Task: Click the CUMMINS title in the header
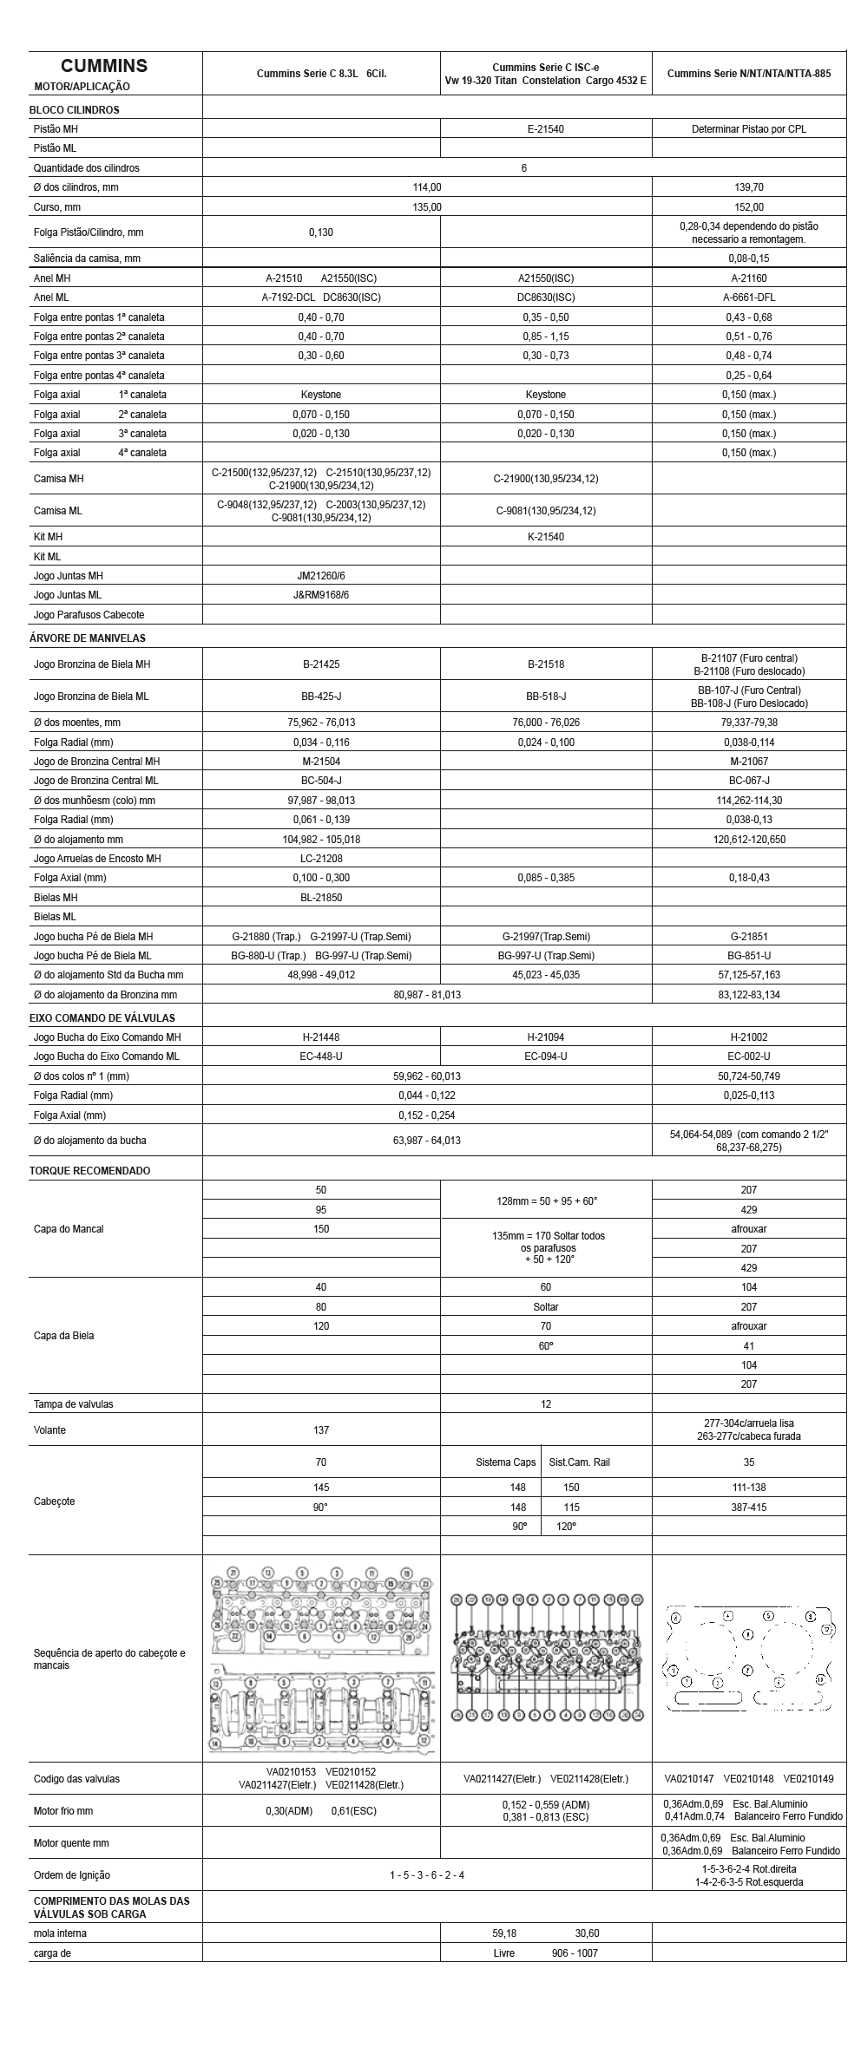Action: (x=103, y=66)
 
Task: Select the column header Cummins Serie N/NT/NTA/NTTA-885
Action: (x=748, y=74)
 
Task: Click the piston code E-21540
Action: (x=545, y=129)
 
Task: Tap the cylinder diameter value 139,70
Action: (x=748, y=187)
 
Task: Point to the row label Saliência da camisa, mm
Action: (x=87, y=258)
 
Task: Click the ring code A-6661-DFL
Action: (x=748, y=298)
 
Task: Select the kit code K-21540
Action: (x=545, y=537)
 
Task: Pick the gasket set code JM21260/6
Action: (x=320, y=576)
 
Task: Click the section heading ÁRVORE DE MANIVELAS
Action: (x=88, y=638)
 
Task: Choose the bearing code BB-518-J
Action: (x=545, y=697)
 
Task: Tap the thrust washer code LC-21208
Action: (x=320, y=859)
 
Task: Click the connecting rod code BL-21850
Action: (x=320, y=898)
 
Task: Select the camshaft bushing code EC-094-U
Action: (x=545, y=1056)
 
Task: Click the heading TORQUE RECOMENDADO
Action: (x=89, y=1171)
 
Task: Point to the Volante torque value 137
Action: (x=320, y=1430)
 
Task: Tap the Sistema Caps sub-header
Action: (x=505, y=1462)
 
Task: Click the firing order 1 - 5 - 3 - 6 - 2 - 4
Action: (x=426, y=1875)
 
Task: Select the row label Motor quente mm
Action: (x=71, y=1843)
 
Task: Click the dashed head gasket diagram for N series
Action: (x=748, y=1659)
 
